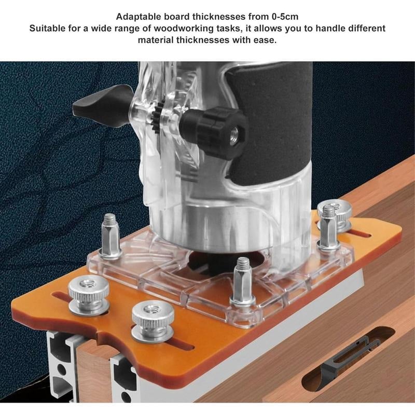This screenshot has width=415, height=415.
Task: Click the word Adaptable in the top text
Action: tap(139, 17)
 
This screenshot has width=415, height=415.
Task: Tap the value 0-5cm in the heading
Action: tap(283, 17)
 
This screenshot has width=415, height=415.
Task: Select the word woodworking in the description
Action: tap(176, 28)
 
